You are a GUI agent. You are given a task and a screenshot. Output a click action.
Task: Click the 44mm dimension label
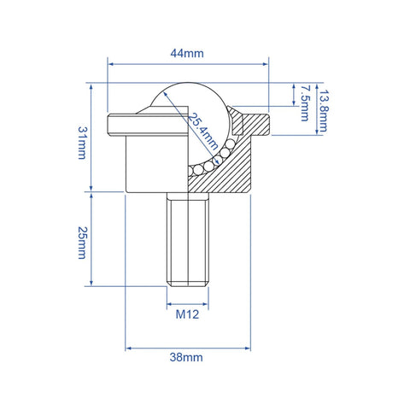(187, 53)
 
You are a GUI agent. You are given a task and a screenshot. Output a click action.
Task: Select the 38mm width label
(187, 360)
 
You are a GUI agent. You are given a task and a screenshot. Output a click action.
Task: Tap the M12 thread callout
(187, 314)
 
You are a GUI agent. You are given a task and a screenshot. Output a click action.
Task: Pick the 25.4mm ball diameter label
(205, 128)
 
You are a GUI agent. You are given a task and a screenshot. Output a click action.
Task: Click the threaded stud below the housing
(187, 239)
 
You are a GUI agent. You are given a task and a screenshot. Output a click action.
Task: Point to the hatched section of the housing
(226, 175)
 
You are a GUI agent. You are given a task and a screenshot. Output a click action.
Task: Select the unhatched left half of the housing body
(149, 162)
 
